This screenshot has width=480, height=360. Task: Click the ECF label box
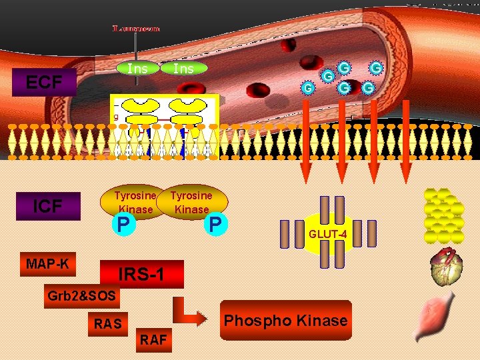pos(43,83)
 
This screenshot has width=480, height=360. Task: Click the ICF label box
pos(47,206)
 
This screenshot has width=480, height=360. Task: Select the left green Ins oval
pos(137,68)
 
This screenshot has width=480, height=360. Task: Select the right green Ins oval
pos(183,68)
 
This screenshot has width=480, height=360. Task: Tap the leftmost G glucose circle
pos(307,88)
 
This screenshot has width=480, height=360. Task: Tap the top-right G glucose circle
pos(377,67)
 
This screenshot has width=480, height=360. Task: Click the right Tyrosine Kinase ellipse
pos(192,202)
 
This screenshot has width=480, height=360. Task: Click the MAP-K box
pos(47,264)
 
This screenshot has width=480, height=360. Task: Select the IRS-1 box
pos(141,274)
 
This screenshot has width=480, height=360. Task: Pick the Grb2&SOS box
pos(81,295)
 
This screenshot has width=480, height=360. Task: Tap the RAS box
pos(107,324)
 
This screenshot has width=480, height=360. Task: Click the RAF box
pos(153,340)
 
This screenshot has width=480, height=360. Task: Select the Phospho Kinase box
pos(285,321)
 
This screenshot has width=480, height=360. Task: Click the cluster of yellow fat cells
pos(444,215)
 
